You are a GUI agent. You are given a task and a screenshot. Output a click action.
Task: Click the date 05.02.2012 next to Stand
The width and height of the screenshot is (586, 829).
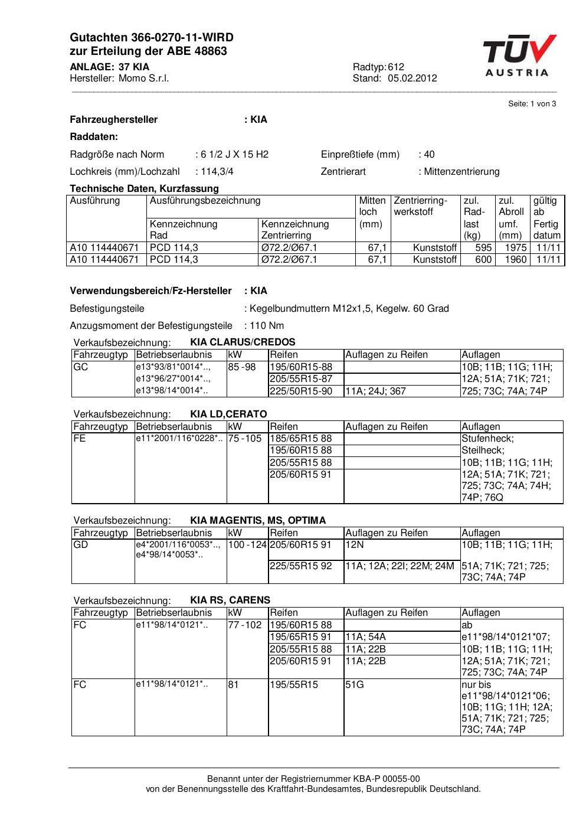coord(412,79)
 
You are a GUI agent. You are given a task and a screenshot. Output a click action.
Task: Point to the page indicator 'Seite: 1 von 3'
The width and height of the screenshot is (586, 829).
coord(532,104)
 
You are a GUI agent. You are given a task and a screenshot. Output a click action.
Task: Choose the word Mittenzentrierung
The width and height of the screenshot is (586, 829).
coord(461,172)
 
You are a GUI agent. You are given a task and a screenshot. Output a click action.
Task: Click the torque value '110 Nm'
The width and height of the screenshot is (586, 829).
coord(266,326)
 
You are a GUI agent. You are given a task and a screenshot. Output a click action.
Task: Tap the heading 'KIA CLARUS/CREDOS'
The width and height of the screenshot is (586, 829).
coord(243,342)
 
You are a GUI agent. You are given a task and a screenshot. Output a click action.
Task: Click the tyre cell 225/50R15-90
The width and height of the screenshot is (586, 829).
coord(301,391)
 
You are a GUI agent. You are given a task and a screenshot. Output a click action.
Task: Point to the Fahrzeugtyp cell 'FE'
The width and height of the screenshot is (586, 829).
coord(80,439)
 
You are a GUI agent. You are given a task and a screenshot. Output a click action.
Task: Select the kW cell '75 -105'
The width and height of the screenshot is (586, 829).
coord(245,439)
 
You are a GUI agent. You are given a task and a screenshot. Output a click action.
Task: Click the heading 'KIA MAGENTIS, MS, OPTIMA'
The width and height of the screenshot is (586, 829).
coord(258,521)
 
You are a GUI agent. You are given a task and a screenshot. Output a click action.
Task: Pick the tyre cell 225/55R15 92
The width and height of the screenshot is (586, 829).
coord(301,566)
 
